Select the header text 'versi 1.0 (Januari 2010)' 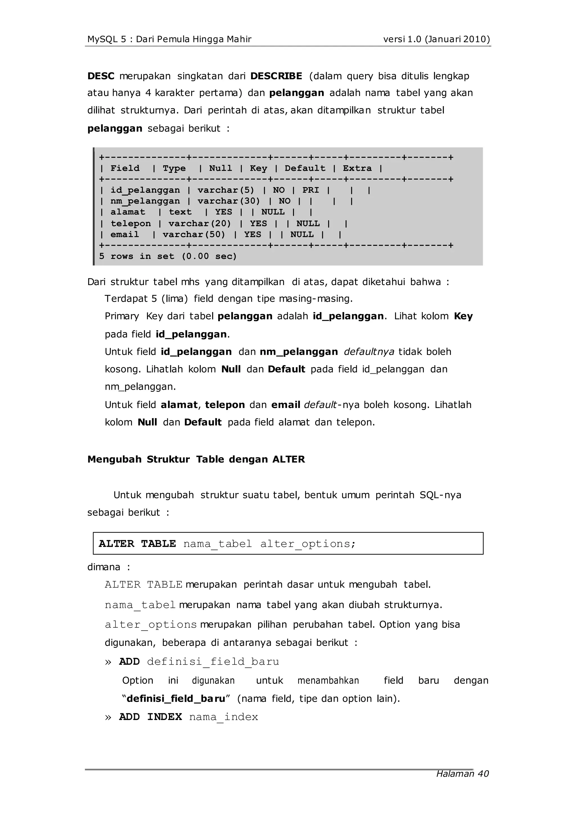pos(436,39)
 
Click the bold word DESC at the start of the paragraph pos(101,76)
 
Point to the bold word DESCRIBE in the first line pos(276,76)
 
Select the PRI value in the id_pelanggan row pos(310,190)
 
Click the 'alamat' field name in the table pos(128,212)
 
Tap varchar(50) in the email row pos(194,235)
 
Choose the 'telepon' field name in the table pos(130,223)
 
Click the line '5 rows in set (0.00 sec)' pos(168,256)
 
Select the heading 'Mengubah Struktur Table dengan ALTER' pos(196,459)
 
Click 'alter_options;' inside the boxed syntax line pos(308,543)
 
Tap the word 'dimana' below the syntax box pos(104,567)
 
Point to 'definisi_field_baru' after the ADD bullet pos(213,662)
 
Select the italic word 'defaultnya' pos(369,351)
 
